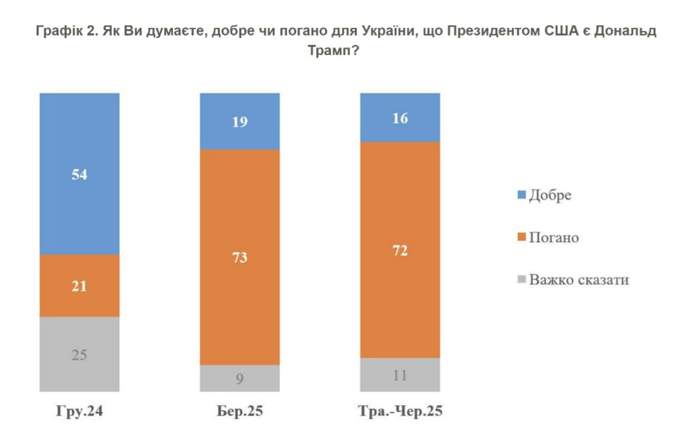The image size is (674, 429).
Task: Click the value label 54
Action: click(x=80, y=175)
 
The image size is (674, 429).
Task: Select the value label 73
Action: click(x=240, y=257)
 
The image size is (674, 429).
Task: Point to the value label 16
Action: click(x=399, y=118)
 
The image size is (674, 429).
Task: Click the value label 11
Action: click(x=399, y=375)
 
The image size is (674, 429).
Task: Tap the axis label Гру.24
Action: click(x=80, y=411)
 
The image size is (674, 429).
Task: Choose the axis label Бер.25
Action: click(x=239, y=411)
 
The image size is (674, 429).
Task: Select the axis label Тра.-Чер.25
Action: click(x=400, y=411)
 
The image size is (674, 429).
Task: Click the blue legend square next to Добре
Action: click(x=521, y=195)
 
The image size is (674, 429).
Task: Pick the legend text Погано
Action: click(x=553, y=237)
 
